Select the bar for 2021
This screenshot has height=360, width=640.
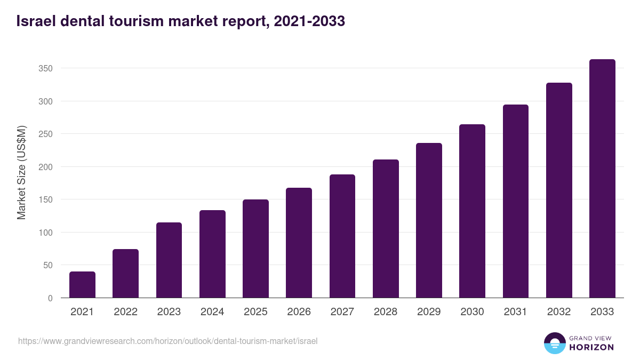pyautogui.click(x=82, y=285)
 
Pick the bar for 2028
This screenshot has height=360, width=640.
pyautogui.click(x=386, y=229)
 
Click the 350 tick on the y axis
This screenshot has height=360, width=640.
pyautogui.click(x=46, y=68)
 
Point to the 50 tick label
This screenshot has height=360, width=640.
pyautogui.click(x=48, y=265)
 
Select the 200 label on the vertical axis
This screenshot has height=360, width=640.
pyautogui.click(x=46, y=167)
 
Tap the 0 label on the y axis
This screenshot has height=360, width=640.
pyautogui.click(x=50, y=298)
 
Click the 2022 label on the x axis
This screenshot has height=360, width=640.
pyautogui.click(x=125, y=312)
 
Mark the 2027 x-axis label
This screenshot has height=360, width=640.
pyautogui.click(x=342, y=312)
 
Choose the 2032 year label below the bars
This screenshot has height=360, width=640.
pyautogui.click(x=559, y=312)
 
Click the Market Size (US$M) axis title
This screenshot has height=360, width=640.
pyautogui.click(x=21, y=173)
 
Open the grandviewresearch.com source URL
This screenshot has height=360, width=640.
pyautogui.click(x=167, y=341)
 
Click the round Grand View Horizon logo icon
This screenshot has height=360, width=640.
pyautogui.click(x=554, y=343)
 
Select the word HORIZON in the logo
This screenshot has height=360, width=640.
pyautogui.click(x=591, y=347)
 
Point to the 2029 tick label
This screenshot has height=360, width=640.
pyautogui.click(x=429, y=312)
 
